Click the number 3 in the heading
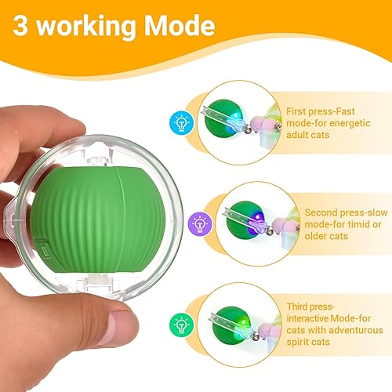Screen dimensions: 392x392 (x=23, y=27)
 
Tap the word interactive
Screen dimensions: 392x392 (x=324, y=318)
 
